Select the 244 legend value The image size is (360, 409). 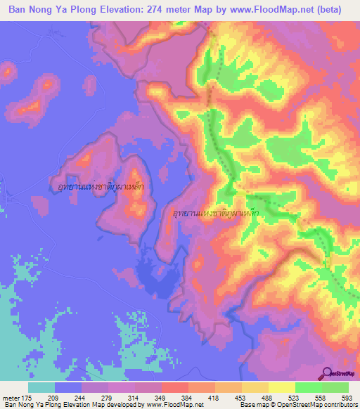(76, 398)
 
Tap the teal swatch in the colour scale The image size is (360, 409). (41, 388)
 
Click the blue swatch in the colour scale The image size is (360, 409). (68, 388)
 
